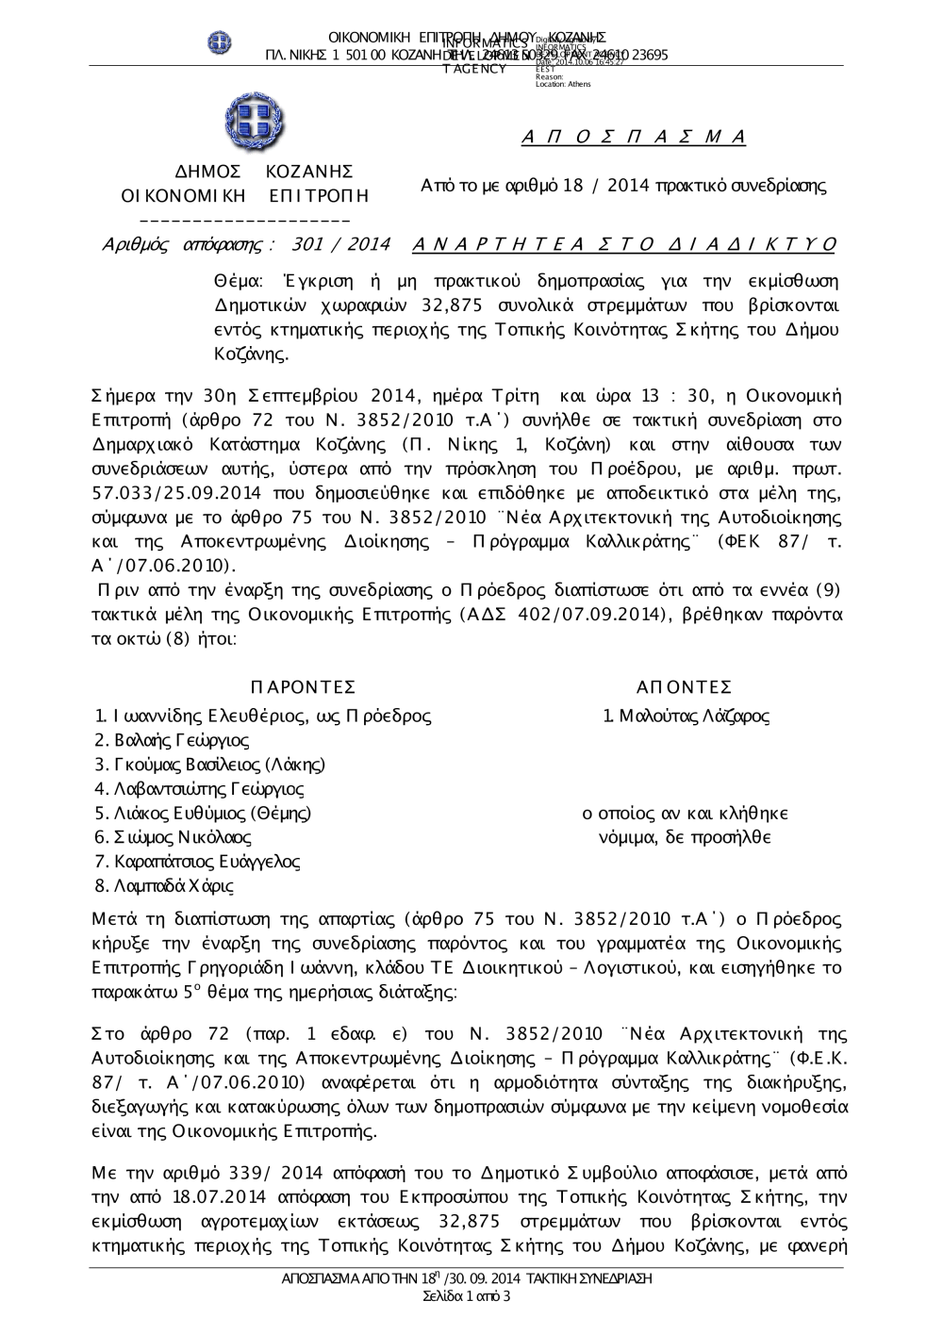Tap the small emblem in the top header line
(220, 42)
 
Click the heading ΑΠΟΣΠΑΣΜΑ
(634, 138)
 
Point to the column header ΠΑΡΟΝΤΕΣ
(304, 687)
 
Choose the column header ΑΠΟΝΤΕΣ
(685, 687)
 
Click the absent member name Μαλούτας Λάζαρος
(686, 716)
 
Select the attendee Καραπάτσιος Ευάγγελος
(206, 862)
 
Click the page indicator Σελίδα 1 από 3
(468, 1297)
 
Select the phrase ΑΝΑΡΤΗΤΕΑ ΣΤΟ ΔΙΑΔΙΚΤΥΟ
(624, 245)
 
